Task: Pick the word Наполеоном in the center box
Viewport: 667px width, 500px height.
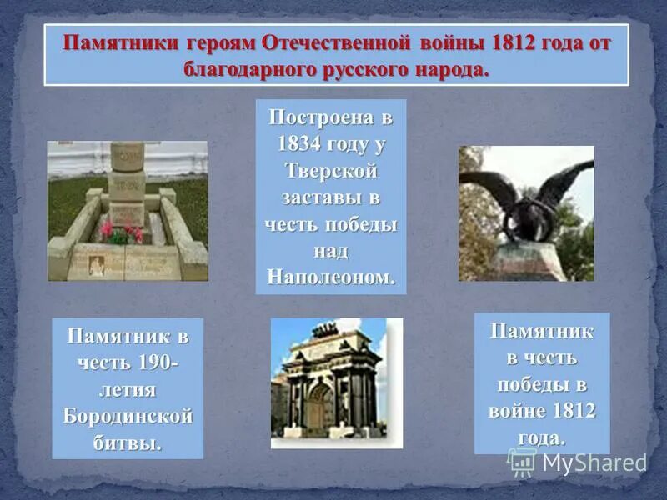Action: (x=331, y=277)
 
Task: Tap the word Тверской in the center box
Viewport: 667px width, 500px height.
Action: (x=331, y=170)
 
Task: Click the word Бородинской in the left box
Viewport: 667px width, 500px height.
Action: (x=128, y=415)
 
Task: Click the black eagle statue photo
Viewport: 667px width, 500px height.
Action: (x=526, y=213)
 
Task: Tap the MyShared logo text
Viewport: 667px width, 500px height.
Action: (x=594, y=462)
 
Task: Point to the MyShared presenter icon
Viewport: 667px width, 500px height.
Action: (x=523, y=461)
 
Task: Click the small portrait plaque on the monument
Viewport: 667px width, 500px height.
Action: (x=98, y=264)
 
